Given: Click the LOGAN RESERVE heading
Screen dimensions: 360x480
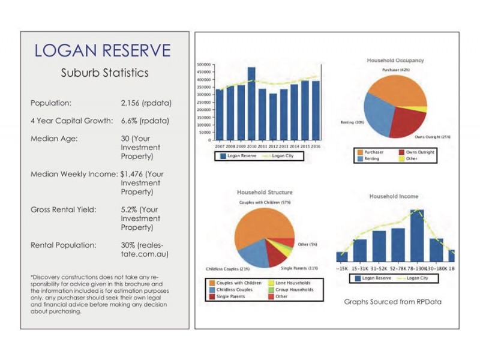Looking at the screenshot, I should [103, 50].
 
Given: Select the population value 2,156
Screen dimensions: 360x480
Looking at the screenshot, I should [134, 103].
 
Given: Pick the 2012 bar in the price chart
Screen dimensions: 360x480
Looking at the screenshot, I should [273, 116].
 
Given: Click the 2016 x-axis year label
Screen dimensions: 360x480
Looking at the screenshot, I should [316, 146].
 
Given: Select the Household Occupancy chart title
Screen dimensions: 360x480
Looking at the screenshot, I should [395, 60].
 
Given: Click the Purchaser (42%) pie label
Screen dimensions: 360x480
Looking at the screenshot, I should [395, 70].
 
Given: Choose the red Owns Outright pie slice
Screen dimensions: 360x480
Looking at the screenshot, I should [409, 121].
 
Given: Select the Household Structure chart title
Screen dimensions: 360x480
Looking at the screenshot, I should [265, 193].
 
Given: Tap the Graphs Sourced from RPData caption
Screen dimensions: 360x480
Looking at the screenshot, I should [393, 302].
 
